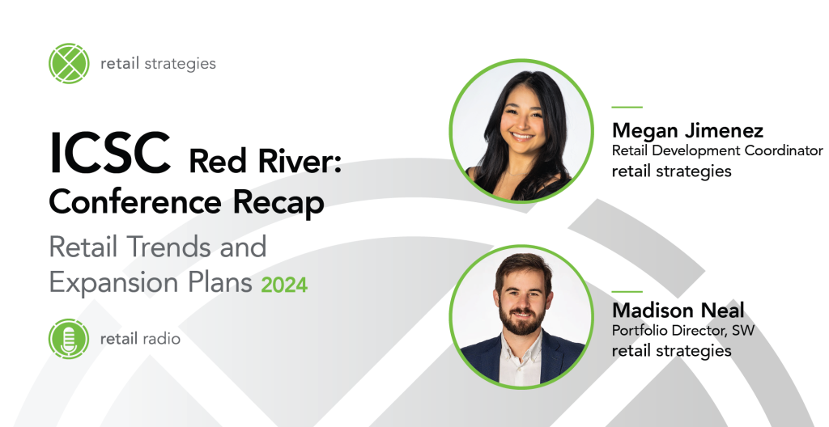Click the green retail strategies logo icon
(x=69, y=63)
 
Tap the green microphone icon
(x=69, y=339)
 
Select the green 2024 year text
(x=284, y=285)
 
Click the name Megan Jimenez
(x=687, y=130)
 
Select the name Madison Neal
(x=678, y=310)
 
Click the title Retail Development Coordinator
(x=717, y=151)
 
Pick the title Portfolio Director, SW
(x=683, y=330)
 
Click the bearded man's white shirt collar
(x=520, y=357)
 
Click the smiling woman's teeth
(x=522, y=136)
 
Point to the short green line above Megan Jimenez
(x=627, y=108)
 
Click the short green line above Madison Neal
(x=627, y=291)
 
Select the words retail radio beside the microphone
(x=140, y=339)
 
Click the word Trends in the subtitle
(x=168, y=247)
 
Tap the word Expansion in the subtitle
(x=114, y=283)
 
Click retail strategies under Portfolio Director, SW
(x=671, y=351)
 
